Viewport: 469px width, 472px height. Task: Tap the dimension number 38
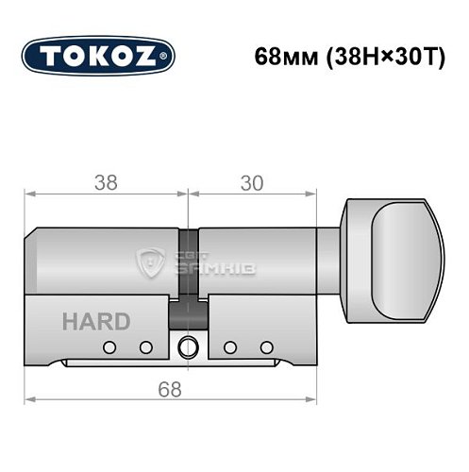(107, 183)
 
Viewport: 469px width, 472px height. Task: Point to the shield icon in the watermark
(152, 264)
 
